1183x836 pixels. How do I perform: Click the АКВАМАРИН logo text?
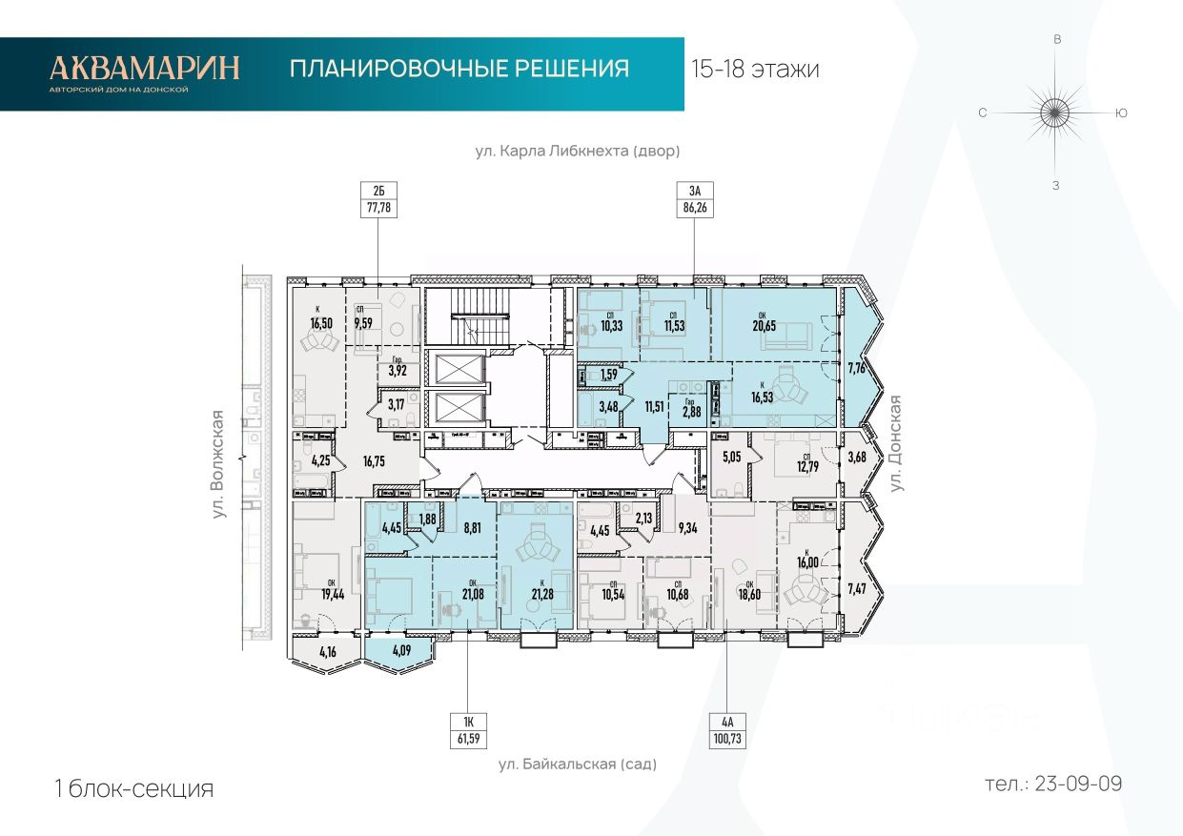pos(145,68)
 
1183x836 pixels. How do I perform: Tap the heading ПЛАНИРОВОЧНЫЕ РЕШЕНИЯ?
pos(459,69)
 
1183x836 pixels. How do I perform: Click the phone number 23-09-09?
pos(1053,785)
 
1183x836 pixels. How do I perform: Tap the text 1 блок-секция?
pos(134,789)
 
